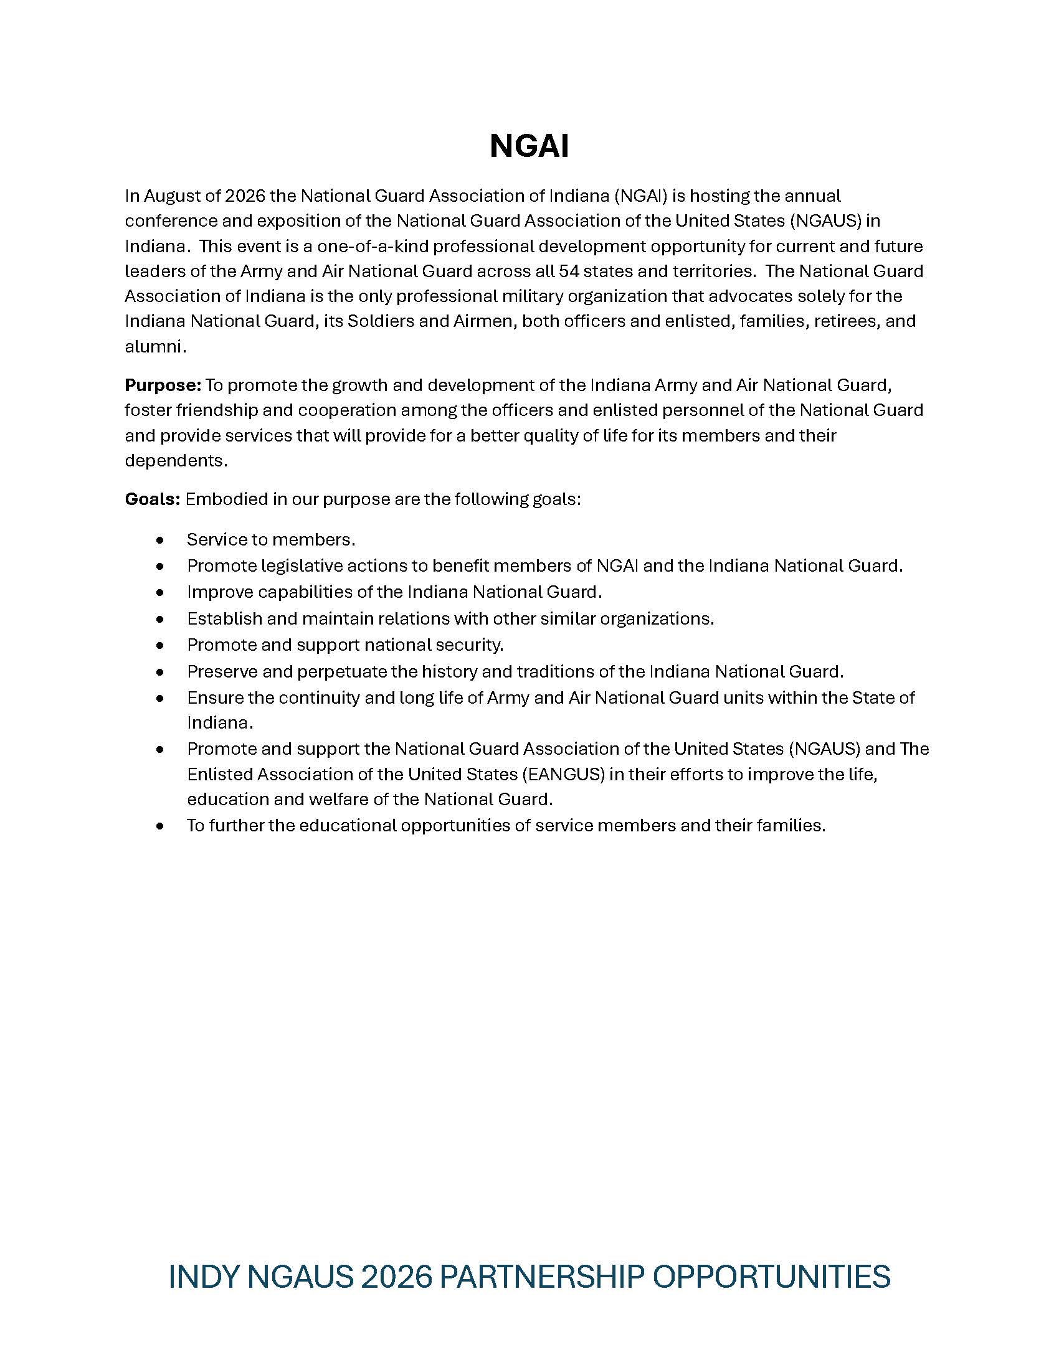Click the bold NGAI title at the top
click(529, 147)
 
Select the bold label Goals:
click(153, 499)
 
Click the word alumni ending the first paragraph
click(154, 346)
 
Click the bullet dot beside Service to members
click(161, 539)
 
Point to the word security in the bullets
click(469, 645)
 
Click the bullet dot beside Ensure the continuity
click(161, 698)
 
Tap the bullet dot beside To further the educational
click(161, 826)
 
